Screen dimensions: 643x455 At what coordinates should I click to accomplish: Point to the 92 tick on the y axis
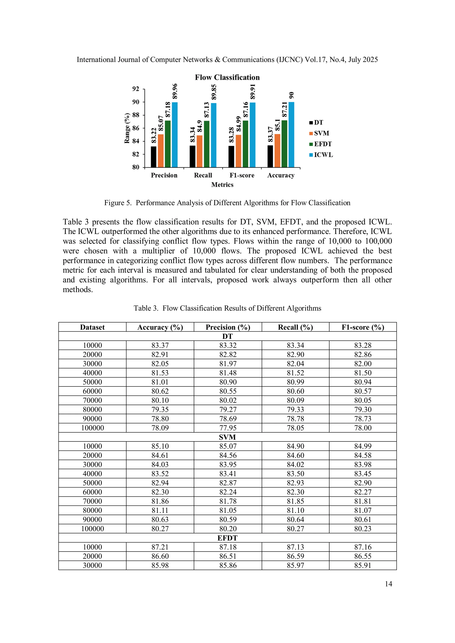tap(136, 89)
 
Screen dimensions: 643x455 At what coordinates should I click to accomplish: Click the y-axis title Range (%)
tap(127, 128)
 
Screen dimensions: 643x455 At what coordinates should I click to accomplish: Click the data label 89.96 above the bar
tap(175, 91)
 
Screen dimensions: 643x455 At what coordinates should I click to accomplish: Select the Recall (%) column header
tap(295, 327)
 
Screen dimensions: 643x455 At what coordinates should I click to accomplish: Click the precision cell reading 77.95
tap(228, 428)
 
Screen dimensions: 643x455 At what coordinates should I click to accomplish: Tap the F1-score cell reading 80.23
tap(363, 529)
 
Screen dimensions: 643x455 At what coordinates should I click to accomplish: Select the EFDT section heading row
tap(227, 538)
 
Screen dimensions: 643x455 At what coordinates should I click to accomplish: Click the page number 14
tap(388, 584)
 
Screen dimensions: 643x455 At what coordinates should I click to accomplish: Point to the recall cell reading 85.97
tap(295, 565)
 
